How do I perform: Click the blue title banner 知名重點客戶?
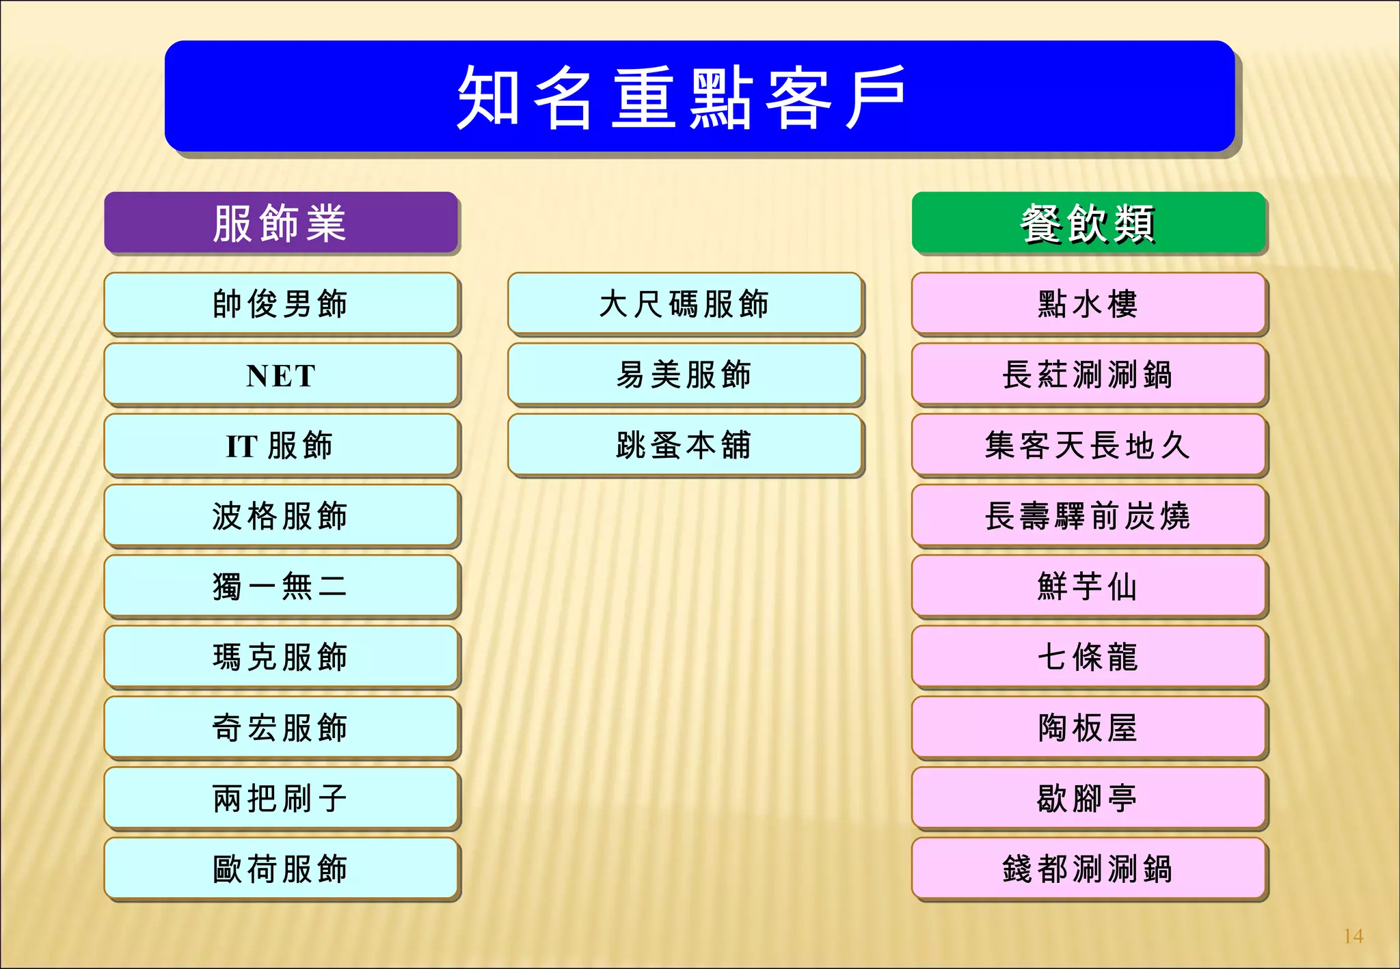(x=699, y=96)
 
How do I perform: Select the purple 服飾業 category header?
(x=281, y=223)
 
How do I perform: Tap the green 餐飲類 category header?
(x=1088, y=223)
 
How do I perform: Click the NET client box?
(x=281, y=374)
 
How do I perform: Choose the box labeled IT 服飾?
(x=281, y=445)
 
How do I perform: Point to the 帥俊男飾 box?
(x=281, y=303)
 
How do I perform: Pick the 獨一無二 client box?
(x=281, y=586)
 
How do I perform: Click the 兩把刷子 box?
(x=281, y=798)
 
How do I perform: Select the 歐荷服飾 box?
(x=281, y=869)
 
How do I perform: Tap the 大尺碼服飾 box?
(x=684, y=303)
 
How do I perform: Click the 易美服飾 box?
(x=684, y=374)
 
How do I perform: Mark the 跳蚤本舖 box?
(x=684, y=445)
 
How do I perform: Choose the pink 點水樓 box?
(x=1088, y=303)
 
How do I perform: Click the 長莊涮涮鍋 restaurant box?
(x=1088, y=374)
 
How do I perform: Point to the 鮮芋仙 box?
(x=1088, y=586)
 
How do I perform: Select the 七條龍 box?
(x=1088, y=657)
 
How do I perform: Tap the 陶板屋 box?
(x=1088, y=727)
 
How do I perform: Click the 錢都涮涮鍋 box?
(x=1088, y=869)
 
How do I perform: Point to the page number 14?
(x=1353, y=936)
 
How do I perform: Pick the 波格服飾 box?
(x=281, y=515)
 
